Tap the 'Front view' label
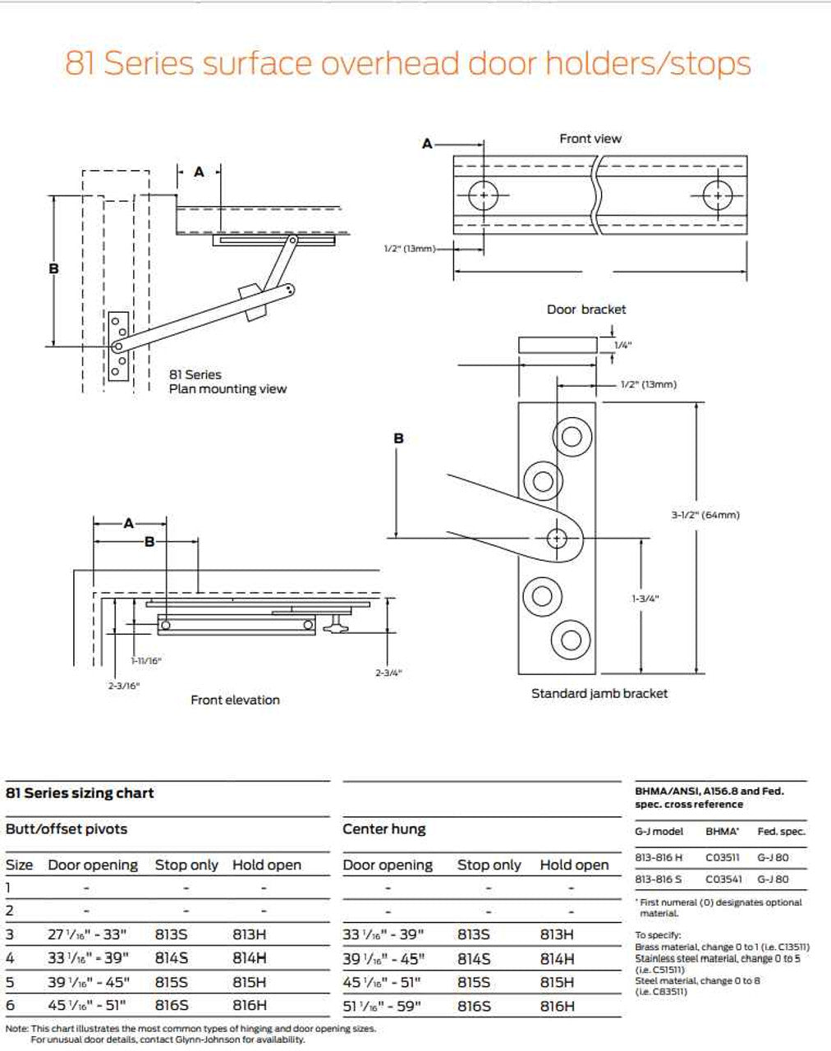590,139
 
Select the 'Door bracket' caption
586,310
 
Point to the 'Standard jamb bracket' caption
599,694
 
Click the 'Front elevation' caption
235,700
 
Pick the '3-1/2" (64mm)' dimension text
705,516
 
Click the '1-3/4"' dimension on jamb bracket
645,599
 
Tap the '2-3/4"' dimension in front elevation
388,673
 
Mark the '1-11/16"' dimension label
146,661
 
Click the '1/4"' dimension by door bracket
623,346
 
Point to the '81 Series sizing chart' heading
80,793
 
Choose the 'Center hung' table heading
384,829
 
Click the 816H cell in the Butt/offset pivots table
250,1005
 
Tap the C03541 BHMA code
723,879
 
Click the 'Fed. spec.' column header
781,832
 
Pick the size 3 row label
10,934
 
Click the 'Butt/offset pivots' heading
67,829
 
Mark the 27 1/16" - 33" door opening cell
89,934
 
